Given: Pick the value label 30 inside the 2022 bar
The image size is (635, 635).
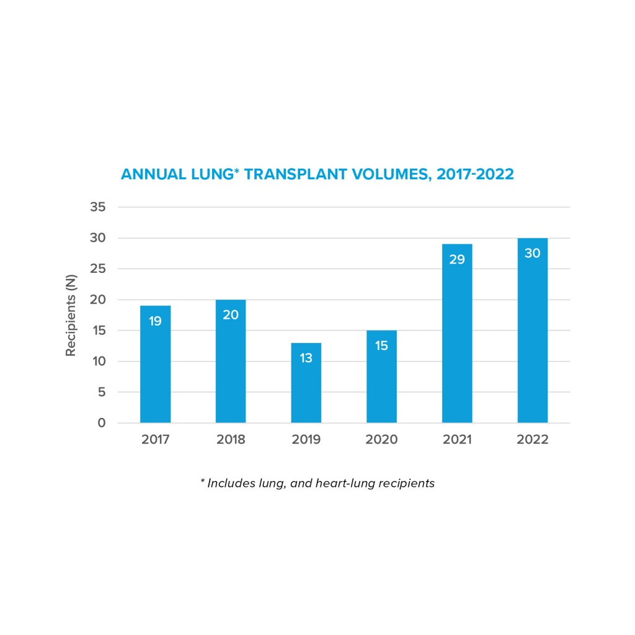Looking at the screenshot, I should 532,254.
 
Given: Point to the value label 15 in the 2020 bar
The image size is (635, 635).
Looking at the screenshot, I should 381,346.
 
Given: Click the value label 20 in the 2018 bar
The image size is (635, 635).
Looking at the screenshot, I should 231,315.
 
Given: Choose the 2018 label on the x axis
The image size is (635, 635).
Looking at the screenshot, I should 231,440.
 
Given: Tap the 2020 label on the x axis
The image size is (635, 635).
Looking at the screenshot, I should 381,440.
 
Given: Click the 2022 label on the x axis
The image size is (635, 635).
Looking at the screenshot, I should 532,440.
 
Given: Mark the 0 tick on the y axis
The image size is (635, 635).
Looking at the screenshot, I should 100,424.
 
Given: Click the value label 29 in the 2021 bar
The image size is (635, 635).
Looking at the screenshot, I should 457,260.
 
